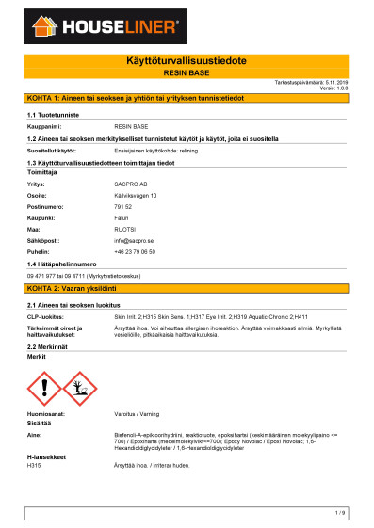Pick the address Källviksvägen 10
click(x=135, y=195)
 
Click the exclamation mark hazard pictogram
click(x=45, y=387)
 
